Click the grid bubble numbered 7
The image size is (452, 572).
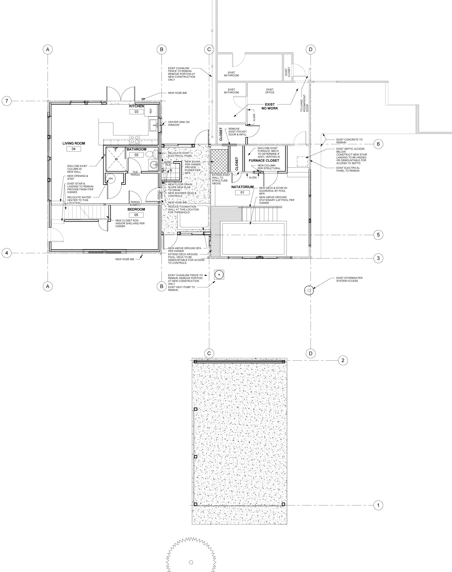coord(7,101)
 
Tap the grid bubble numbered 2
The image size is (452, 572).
coord(343,360)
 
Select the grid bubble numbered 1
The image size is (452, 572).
coord(378,505)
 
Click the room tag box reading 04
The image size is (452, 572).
coord(74,149)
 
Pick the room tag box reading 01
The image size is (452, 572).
coord(242,192)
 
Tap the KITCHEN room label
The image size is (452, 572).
coord(137,106)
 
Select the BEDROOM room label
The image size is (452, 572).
coord(136,209)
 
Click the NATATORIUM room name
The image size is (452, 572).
coord(242,187)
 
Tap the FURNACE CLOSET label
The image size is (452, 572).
coord(264,160)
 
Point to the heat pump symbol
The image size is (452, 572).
coord(219,275)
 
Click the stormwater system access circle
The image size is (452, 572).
coord(309,290)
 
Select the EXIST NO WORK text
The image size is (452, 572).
coord(270,106)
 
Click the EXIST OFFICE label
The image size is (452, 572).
coord(270,91)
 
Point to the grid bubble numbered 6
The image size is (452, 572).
coord(378,144)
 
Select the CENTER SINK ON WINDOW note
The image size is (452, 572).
coord(179,123)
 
